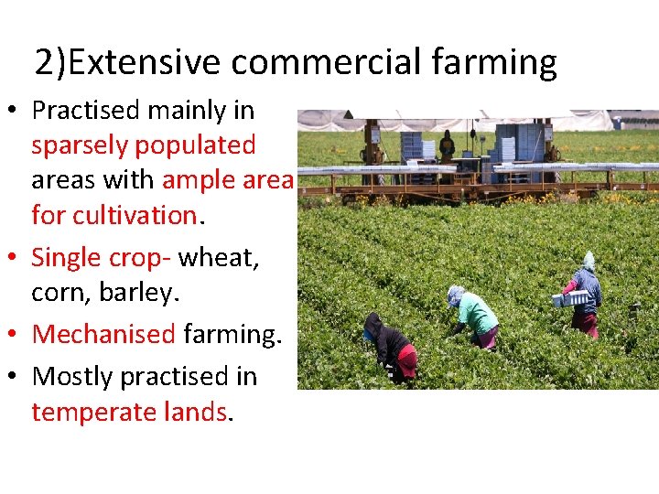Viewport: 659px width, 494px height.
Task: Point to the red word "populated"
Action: pos(201,145)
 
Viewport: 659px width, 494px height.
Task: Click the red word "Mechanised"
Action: pos(103,335)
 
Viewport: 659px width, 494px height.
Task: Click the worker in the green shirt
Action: pos(477,317)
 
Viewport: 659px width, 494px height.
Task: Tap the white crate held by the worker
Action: pos(570,298)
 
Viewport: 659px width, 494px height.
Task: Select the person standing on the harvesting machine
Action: pos(447,145)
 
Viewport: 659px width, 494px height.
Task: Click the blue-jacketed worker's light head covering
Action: pos(589,262)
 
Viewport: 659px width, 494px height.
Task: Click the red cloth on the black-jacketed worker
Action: pos(407,360)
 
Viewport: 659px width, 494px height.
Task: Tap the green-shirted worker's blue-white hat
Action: pos(455,295)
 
